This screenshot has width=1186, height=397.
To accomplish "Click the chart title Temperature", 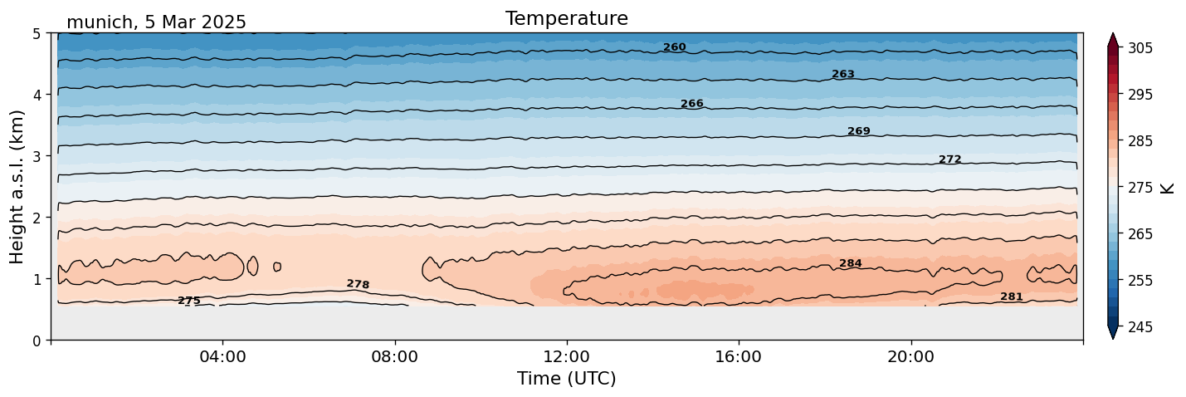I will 566,18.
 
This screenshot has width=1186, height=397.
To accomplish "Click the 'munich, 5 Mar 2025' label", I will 156,22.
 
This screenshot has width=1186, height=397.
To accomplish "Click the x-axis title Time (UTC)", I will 566,379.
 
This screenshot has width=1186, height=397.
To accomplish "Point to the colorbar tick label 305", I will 1139,48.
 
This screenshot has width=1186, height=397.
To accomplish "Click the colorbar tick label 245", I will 1139,327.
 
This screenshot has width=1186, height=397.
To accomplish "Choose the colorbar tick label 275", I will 1139,188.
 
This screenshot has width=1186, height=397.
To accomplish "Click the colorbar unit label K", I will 1168,188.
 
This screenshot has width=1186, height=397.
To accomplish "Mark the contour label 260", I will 674,47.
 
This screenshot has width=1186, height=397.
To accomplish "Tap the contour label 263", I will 842,75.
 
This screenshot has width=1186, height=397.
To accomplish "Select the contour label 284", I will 850,264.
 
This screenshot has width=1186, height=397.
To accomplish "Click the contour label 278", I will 358,285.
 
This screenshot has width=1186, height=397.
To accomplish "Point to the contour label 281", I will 1011,297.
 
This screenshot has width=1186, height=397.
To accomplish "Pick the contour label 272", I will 949,159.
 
